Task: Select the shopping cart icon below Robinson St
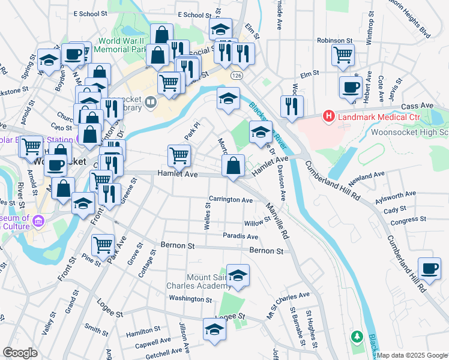(x=343, y=55)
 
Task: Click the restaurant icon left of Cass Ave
(x=292, y=107)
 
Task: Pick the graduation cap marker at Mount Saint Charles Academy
(x=238, y=275)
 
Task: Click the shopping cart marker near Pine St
(x=103, y=245)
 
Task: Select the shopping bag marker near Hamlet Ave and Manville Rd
(x=233, y=166)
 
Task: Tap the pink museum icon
(x=39, y=221)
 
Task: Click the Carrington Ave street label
(x=231, y=199)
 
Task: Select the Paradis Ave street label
(x=240, y=236)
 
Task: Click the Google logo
(x=20, y=352)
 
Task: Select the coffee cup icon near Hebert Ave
(x=350, y=86)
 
